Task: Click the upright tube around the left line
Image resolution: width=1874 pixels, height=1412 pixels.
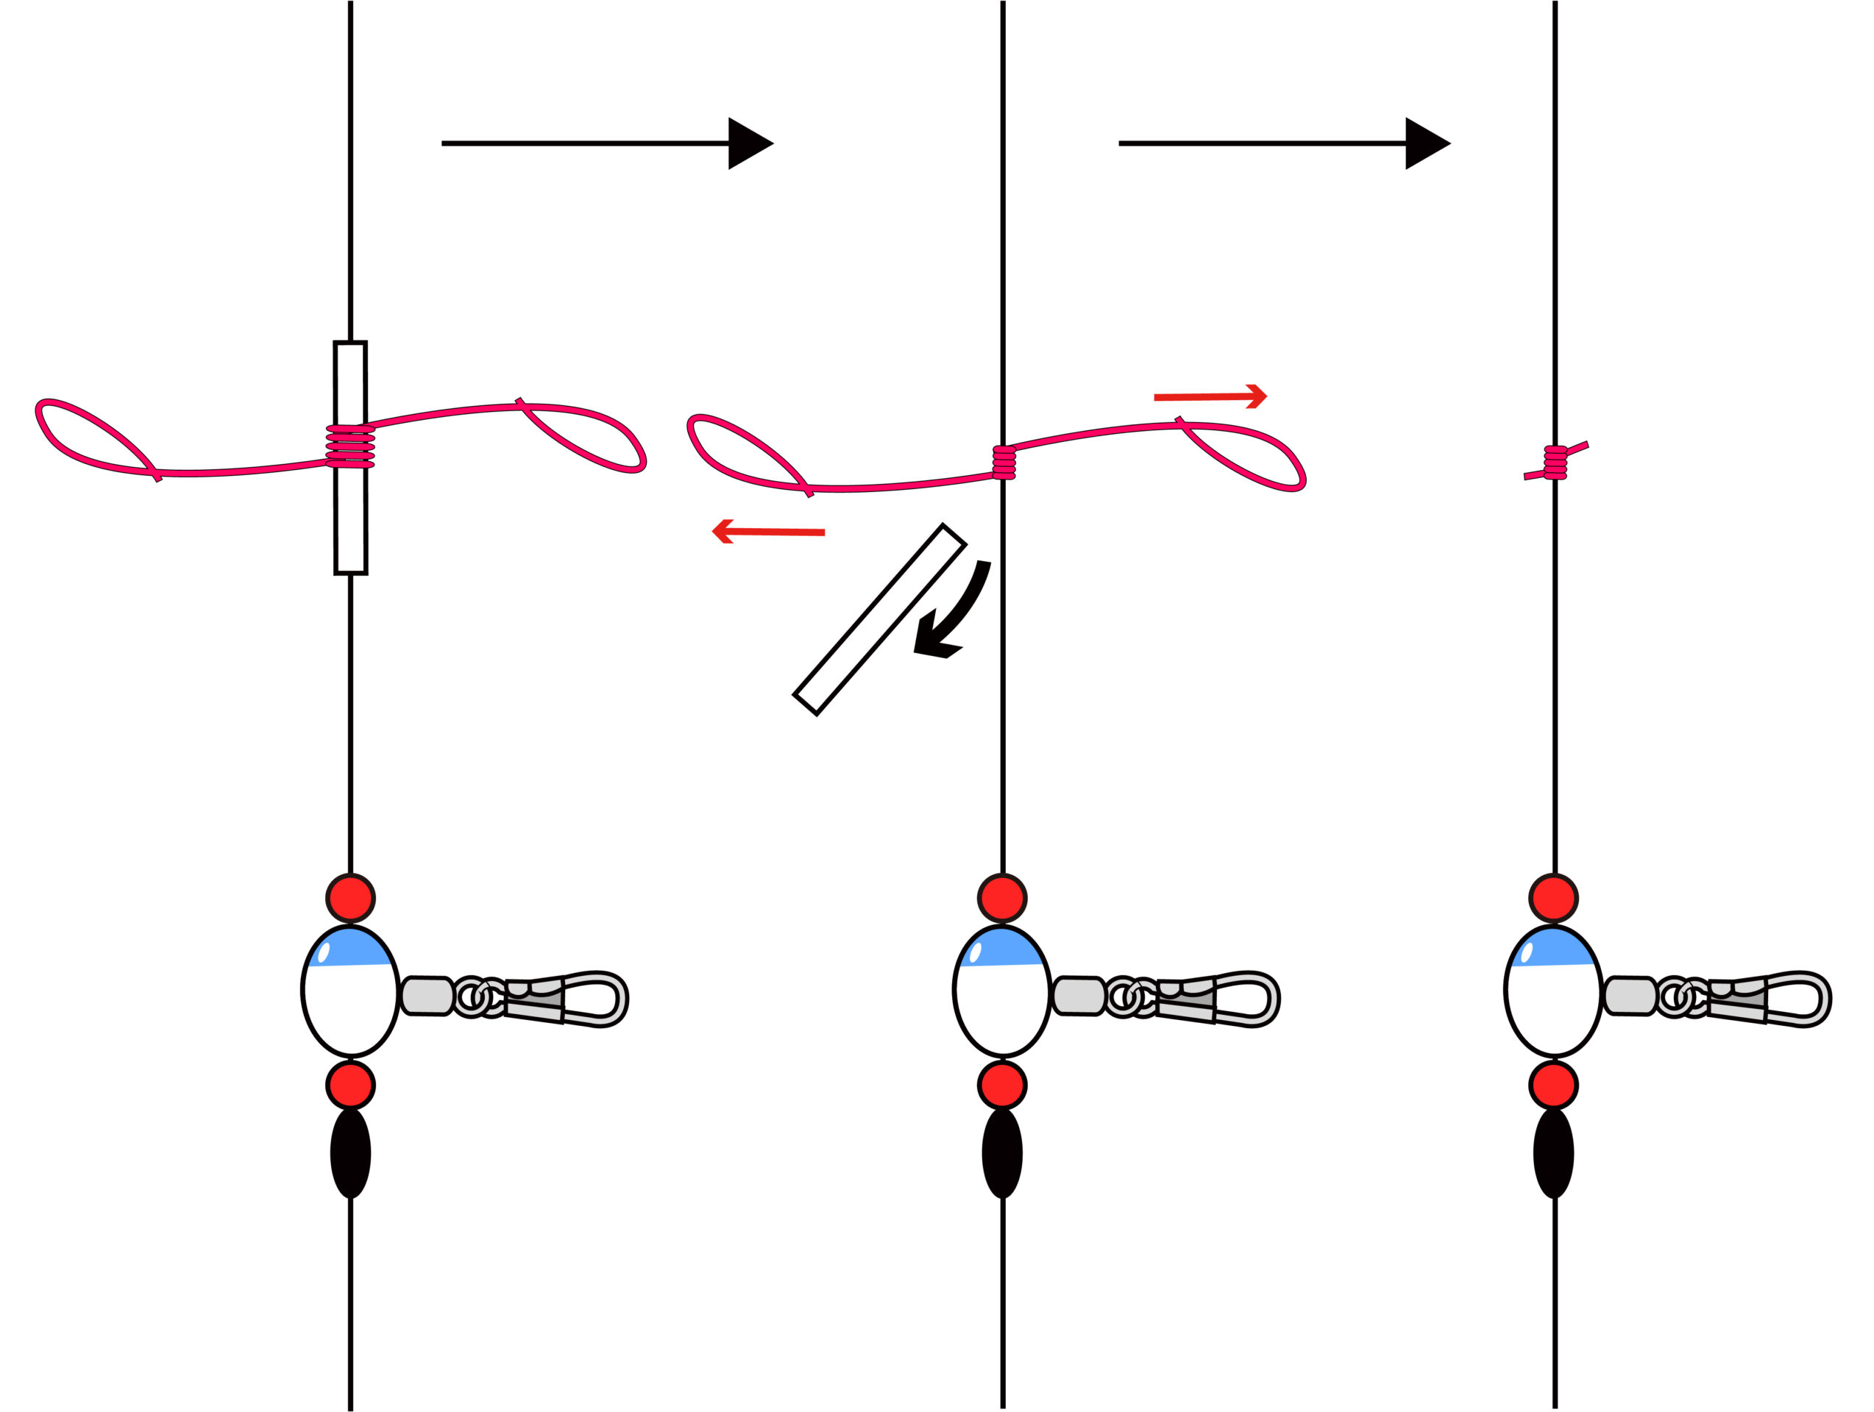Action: click(x=351, y=525)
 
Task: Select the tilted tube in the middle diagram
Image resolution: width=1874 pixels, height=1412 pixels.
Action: click(x=879, y=620)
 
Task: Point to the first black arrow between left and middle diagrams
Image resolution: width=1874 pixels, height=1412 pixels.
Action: click(x=606, y=143)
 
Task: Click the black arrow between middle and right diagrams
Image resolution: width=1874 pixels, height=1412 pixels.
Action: click(x=1283, y=143)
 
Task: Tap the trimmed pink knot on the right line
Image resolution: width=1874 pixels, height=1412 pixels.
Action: click(x=1555, y=463)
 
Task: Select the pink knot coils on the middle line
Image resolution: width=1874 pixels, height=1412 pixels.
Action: click(x=1004, y=463)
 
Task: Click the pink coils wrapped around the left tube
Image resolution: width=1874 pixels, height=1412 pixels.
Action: click(x=351, y=446)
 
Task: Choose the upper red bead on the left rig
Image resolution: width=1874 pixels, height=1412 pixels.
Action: click(x=351, y=898)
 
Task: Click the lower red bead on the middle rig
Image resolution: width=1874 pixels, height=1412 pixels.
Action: click(x=1002, y=1086)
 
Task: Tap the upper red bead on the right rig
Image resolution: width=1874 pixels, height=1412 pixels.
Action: click(x=1554, y=898)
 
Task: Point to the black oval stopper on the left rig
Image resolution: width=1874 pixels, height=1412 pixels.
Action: click(x=351, y=1154)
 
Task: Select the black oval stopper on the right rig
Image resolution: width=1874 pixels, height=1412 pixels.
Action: click(x=1554, y=1154)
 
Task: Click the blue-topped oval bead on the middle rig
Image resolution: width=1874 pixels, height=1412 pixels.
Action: click(x=1002, y=992)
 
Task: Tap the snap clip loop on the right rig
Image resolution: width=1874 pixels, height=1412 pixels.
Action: click(x=1800, y=999)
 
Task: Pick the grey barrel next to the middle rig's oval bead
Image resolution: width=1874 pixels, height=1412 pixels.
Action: click(x=1079, y=996)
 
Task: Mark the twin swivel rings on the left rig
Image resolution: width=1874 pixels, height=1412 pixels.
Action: click(x=480, y=998)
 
